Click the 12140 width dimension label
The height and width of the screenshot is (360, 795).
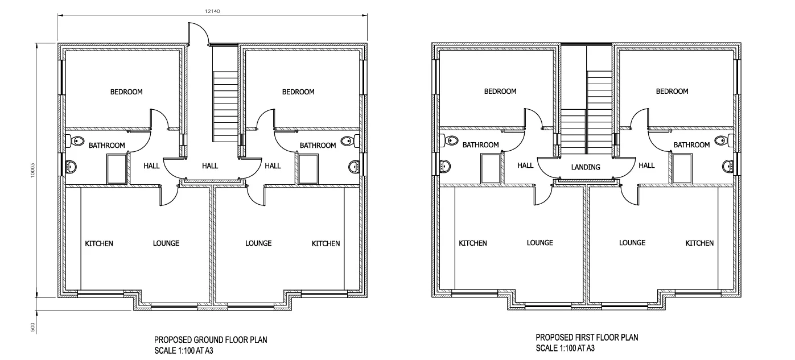point(212,11)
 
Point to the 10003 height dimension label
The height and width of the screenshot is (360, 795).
point(32,170)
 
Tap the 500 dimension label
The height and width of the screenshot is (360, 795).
point(32,327)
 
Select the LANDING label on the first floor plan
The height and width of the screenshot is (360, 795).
point(586,167)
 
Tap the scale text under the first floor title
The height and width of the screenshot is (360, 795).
point(565,348)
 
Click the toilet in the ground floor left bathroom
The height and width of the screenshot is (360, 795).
point(75,141)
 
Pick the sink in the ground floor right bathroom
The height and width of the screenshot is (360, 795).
point(354,167)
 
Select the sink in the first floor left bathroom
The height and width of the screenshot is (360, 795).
point(445,166)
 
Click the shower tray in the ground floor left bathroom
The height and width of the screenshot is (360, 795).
point(117,169)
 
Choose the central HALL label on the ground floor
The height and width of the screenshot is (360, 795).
point(210,165)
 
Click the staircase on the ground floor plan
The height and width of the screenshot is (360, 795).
point(225,106)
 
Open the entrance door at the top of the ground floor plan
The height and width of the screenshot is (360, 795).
point(197,34)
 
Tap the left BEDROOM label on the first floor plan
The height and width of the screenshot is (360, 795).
point(500,91)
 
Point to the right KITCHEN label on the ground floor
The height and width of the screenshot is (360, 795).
point(326,243)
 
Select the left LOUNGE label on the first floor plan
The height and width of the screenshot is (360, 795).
point(540,243)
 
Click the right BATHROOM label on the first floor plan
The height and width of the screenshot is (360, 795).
point(692,144)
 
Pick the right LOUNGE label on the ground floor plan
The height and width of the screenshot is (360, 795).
point(258,243)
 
